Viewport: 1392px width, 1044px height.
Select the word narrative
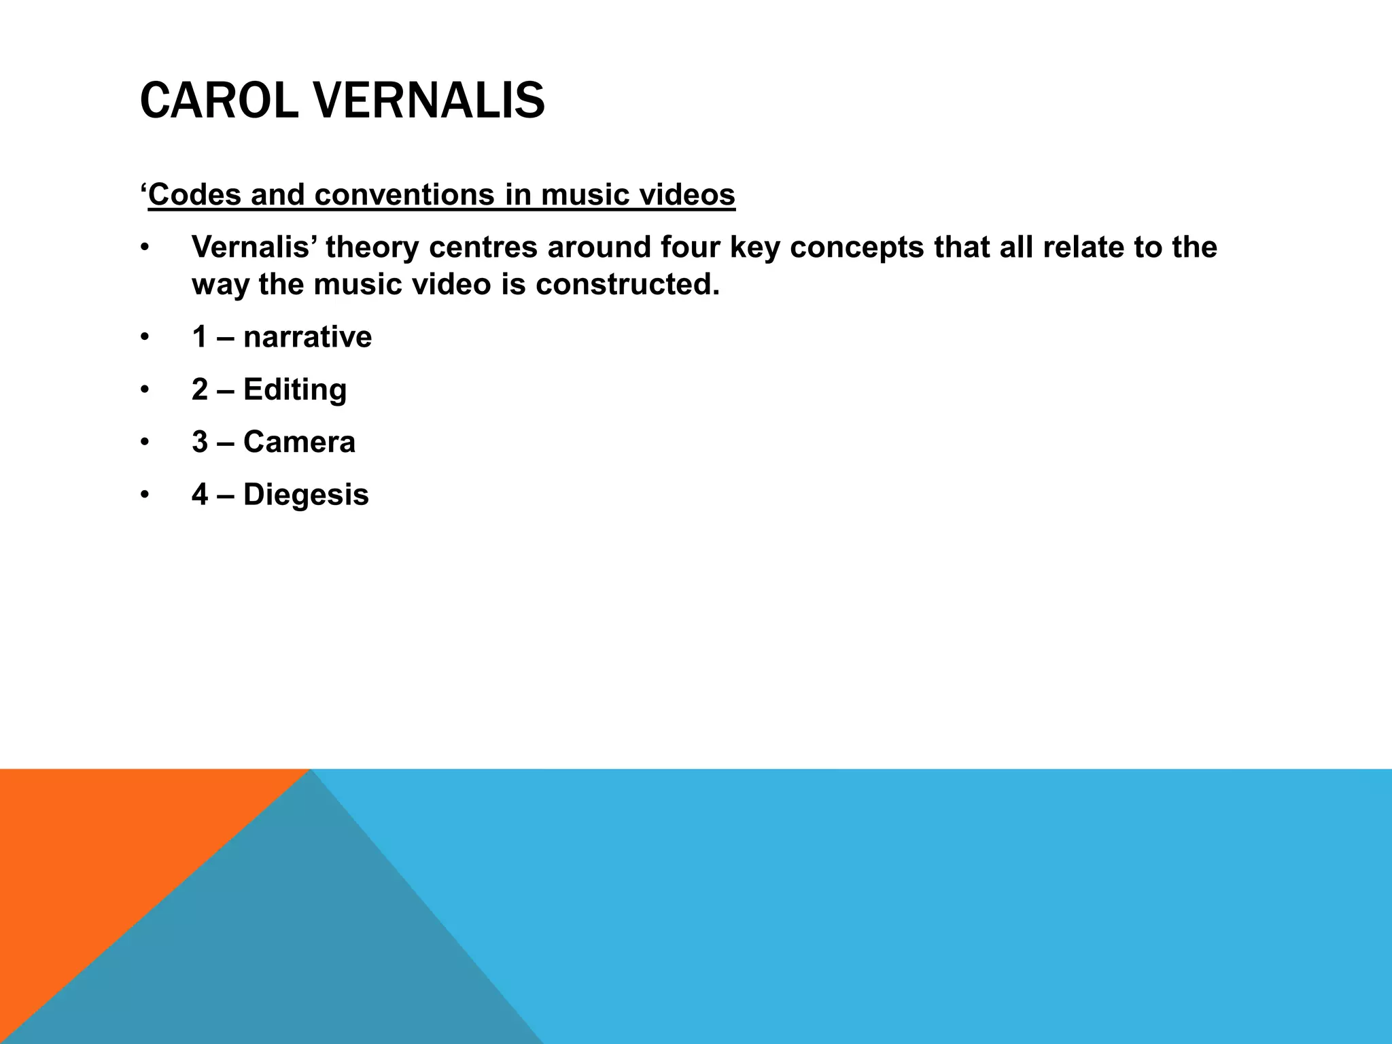point(307,338)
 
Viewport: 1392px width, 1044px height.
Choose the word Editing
point(295,390)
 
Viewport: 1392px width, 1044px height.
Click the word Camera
point(299,442)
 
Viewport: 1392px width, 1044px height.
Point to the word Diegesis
point(306,495)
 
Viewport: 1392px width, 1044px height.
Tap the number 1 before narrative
point(200,338)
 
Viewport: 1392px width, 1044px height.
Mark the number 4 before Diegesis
point(200,495)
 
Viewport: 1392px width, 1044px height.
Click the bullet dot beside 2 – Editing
point(144,390)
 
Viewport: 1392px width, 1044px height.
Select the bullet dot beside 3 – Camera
point(144,442)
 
